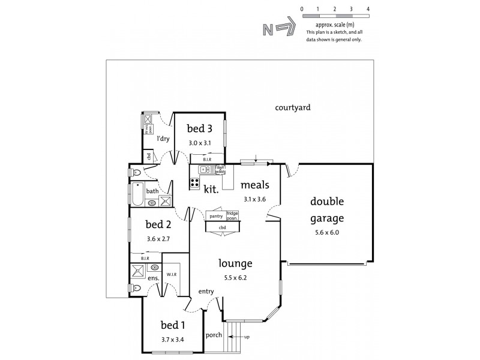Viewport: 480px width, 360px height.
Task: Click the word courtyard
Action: point(292,108)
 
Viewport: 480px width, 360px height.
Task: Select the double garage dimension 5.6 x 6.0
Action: point(326,232)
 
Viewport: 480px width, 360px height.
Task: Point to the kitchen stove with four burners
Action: point(195,184)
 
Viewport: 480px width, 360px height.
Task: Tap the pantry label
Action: point(216,215)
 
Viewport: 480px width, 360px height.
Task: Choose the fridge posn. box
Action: point(232,215)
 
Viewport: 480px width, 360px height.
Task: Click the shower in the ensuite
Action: point(137,271)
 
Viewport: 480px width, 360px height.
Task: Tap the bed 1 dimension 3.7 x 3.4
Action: point(172,340)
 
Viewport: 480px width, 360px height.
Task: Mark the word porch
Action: point(213,335)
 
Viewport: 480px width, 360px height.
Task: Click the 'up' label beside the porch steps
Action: point(246,337)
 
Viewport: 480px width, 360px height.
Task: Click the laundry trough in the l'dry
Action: point(148,122)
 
